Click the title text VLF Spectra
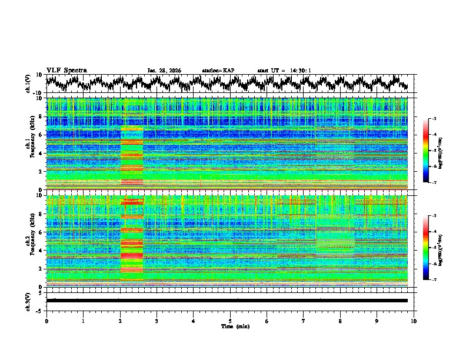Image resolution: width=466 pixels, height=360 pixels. (66, 70)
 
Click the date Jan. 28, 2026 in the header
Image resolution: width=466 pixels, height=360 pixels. (164, 71)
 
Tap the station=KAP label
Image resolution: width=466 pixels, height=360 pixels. (218, 71)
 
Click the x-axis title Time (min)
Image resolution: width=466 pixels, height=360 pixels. (230, 326)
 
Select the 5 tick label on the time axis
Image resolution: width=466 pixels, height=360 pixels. (230, 321)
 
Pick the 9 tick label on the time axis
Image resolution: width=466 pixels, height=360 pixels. (377, 321)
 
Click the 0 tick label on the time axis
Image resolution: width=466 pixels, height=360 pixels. (46, 321)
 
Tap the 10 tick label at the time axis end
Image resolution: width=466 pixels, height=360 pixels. (414, 321)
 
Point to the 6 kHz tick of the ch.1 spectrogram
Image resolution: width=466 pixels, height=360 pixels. (41, 135)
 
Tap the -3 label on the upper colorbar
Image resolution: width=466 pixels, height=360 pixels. (434, 119)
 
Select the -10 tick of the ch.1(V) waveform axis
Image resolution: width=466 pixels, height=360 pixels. (39, 93)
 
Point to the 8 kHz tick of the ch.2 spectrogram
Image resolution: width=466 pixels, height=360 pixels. (41, 214)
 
